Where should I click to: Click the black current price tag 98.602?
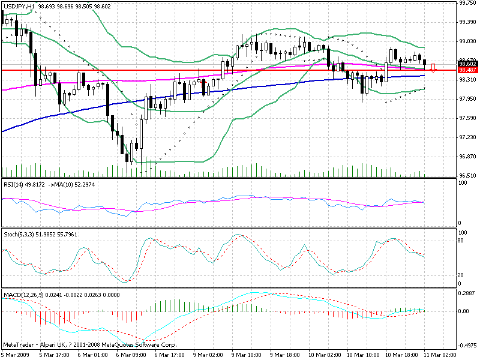[467, 64]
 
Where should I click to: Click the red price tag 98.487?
[467, 70]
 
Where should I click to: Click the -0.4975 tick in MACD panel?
[466, 346]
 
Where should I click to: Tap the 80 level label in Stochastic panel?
[462, 241]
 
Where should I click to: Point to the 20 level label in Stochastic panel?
[462, 275]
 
